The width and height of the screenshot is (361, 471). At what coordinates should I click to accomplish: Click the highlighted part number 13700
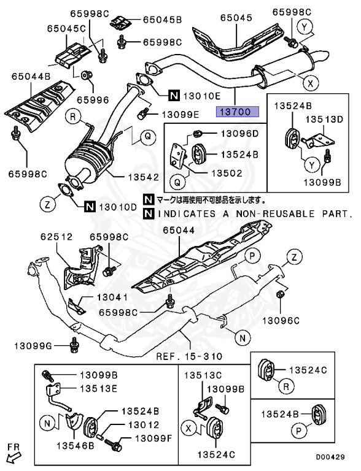238,112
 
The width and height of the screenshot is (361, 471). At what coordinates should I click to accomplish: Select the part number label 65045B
162,20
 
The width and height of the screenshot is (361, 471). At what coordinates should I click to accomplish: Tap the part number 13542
143,177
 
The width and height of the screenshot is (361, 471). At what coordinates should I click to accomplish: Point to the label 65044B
31,77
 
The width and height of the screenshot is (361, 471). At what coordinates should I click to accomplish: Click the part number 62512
56,237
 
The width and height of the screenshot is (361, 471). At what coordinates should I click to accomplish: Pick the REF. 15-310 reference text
189,356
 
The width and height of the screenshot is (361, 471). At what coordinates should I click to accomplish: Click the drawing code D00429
330,457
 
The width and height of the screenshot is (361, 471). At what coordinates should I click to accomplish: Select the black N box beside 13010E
174,96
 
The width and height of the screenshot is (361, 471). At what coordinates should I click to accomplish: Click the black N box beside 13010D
90,207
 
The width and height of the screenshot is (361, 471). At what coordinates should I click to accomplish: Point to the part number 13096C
281,321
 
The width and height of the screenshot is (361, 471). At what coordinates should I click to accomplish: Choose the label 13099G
33,347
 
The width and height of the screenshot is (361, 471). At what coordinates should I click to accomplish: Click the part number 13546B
76,446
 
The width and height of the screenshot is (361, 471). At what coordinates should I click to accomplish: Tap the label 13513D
324,120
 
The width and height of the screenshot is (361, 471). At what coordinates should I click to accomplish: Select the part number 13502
227,174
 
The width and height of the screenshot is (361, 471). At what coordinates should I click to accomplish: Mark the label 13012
144,425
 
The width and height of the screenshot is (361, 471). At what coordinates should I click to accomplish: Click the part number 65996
93,100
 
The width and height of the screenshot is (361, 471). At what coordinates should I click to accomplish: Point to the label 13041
112,297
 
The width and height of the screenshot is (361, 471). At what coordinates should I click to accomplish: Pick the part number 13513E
98,389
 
